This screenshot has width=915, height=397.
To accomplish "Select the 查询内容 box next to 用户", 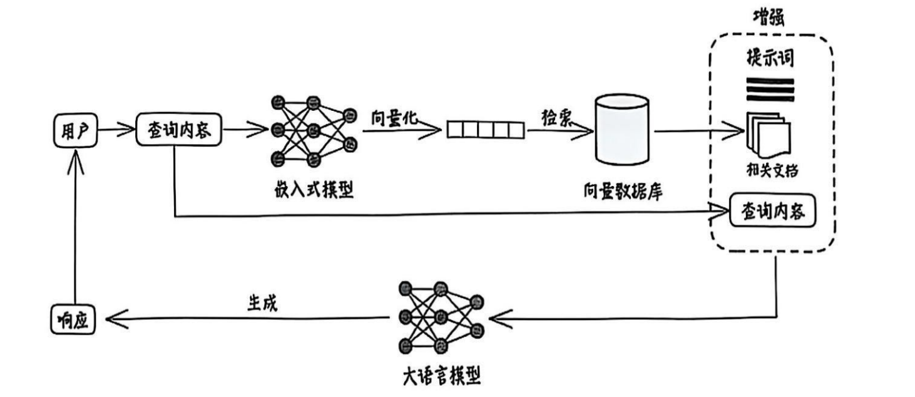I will (x=179, y=130).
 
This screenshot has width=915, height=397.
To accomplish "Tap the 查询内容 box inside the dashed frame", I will (x=774, y=214).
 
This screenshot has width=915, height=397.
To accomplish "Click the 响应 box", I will (x=74, y=319).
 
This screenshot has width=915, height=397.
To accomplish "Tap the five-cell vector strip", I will (x=485, y=130).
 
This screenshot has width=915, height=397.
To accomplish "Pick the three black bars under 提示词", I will (x=770, y=89).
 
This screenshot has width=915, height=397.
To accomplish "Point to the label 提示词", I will (x=770, y=57).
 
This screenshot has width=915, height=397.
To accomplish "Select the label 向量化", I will (x=394, y=118).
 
